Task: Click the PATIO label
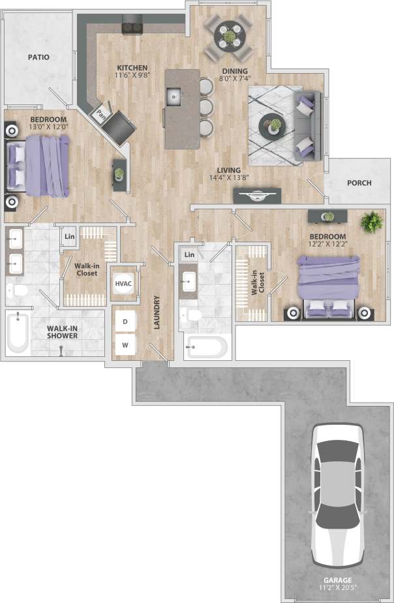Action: click(38, 57)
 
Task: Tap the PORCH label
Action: click(359, 183)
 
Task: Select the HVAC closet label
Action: click(123, 284)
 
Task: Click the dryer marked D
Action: click(125, 320)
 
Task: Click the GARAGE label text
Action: click(339, 580)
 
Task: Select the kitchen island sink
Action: click(174, 99)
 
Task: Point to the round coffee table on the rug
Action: click(271, 126)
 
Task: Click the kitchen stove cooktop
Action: click(134, 27)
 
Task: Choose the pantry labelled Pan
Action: click(101, 114)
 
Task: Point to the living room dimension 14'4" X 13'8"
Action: click(228, 177)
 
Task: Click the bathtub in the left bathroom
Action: click(18, 333)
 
